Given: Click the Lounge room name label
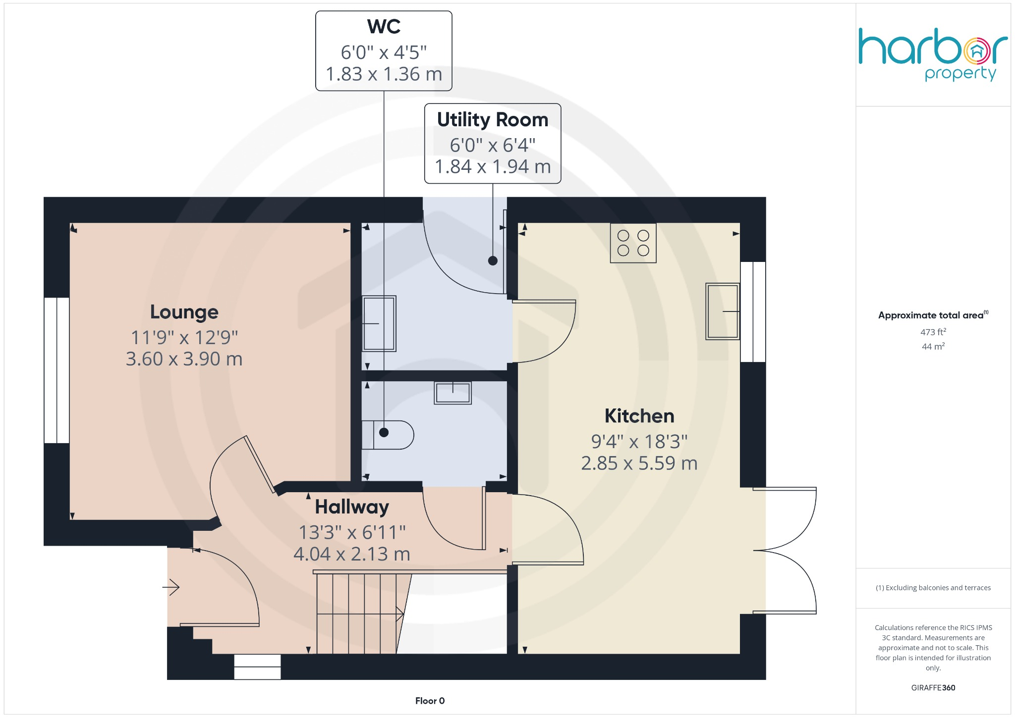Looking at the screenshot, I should (x=184, y=312).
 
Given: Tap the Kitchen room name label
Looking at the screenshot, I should (x=639, y=416).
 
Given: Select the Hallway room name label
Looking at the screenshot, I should (x=352, y=507).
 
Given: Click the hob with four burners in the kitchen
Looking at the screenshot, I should (x=633, y=243).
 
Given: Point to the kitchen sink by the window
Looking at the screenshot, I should (x=723, y=311).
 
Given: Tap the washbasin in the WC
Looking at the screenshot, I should (x=452, y=393).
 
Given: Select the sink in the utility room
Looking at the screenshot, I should (x=379, y=323).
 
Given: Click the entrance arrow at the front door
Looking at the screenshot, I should (x=171, y=587).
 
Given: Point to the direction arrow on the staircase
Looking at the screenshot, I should (x=399, y=615).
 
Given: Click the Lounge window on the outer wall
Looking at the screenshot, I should (x=56, y=370).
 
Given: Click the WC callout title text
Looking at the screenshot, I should (x=384, y=27).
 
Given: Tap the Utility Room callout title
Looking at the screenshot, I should (x=493, y=120).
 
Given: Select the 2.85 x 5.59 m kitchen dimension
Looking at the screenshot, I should (x=639, y=463).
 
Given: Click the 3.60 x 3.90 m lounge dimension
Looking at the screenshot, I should (x=184, y=359).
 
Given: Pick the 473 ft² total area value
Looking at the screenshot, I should (x=933, y=332).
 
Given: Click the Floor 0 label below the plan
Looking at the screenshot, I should (x=430, y=701).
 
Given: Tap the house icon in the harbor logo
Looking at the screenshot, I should (x=977, y=51).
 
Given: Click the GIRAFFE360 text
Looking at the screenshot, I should (x=933, y=688).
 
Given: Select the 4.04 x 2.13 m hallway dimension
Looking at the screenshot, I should (x=352, y=554).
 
